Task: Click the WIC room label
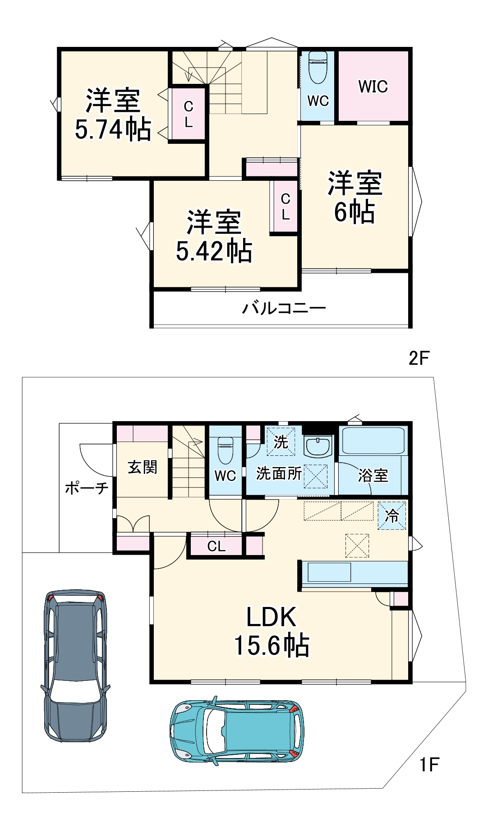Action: click(x=373, y=86)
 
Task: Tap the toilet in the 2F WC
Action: click(x=318, y=68)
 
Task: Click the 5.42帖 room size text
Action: click(x=214, y=251)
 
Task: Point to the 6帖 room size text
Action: click(x=354, y=212)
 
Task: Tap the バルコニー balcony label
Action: click(x=284, y=308)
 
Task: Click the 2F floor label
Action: click(x=419, y=358)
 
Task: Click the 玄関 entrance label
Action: click(x=143, y=467)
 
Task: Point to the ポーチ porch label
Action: click(x=87, y=488)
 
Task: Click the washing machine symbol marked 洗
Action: click(x=281, y=442)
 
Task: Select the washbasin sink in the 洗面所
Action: click(x=318, y=446)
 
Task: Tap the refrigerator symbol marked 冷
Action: click(x=391, y=515)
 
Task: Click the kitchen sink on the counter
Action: click(x=329, y=572)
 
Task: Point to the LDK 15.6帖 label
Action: click(x=271, y=631)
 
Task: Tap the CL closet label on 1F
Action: click(x=216, y=546)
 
